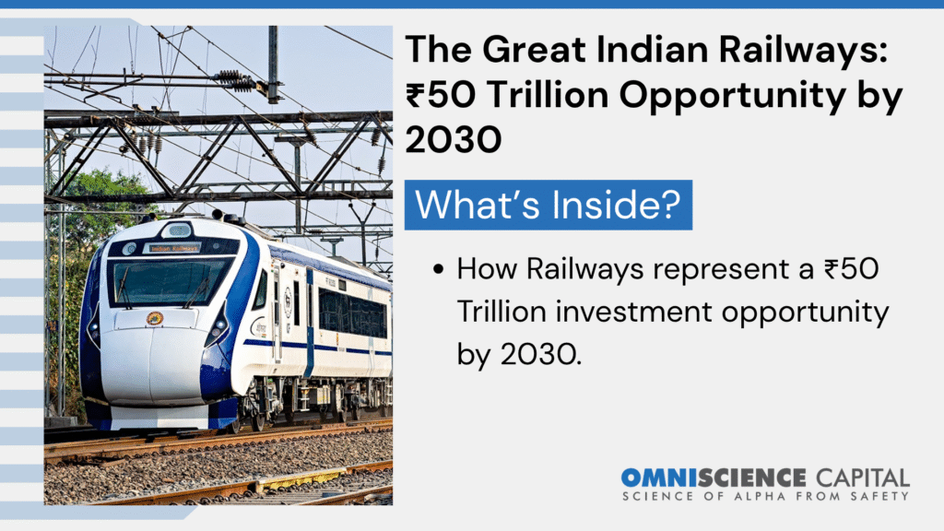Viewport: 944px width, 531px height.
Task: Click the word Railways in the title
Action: click(803, 50)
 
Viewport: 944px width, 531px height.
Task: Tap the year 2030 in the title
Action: click(454, 139)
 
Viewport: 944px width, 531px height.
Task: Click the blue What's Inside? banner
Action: click(548, 205)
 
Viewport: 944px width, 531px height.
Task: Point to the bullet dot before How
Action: click(438, 269)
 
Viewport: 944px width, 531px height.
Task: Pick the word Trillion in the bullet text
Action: click(501, 312)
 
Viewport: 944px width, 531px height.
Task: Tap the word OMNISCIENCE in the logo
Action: click(714, 478)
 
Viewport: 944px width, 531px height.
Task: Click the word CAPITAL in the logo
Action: click(863, 478)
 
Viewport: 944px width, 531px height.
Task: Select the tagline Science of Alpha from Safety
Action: click(765, 496)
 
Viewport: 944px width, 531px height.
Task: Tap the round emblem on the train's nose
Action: click(155, 318)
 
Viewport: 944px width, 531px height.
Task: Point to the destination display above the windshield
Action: click(173, 248)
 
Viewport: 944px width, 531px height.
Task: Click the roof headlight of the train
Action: click(177, 230)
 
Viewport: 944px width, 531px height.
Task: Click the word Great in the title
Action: click(534, 50)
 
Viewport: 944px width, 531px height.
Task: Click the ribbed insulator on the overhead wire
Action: click(235, 79)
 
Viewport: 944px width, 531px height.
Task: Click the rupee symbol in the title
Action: click(415, 95)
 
